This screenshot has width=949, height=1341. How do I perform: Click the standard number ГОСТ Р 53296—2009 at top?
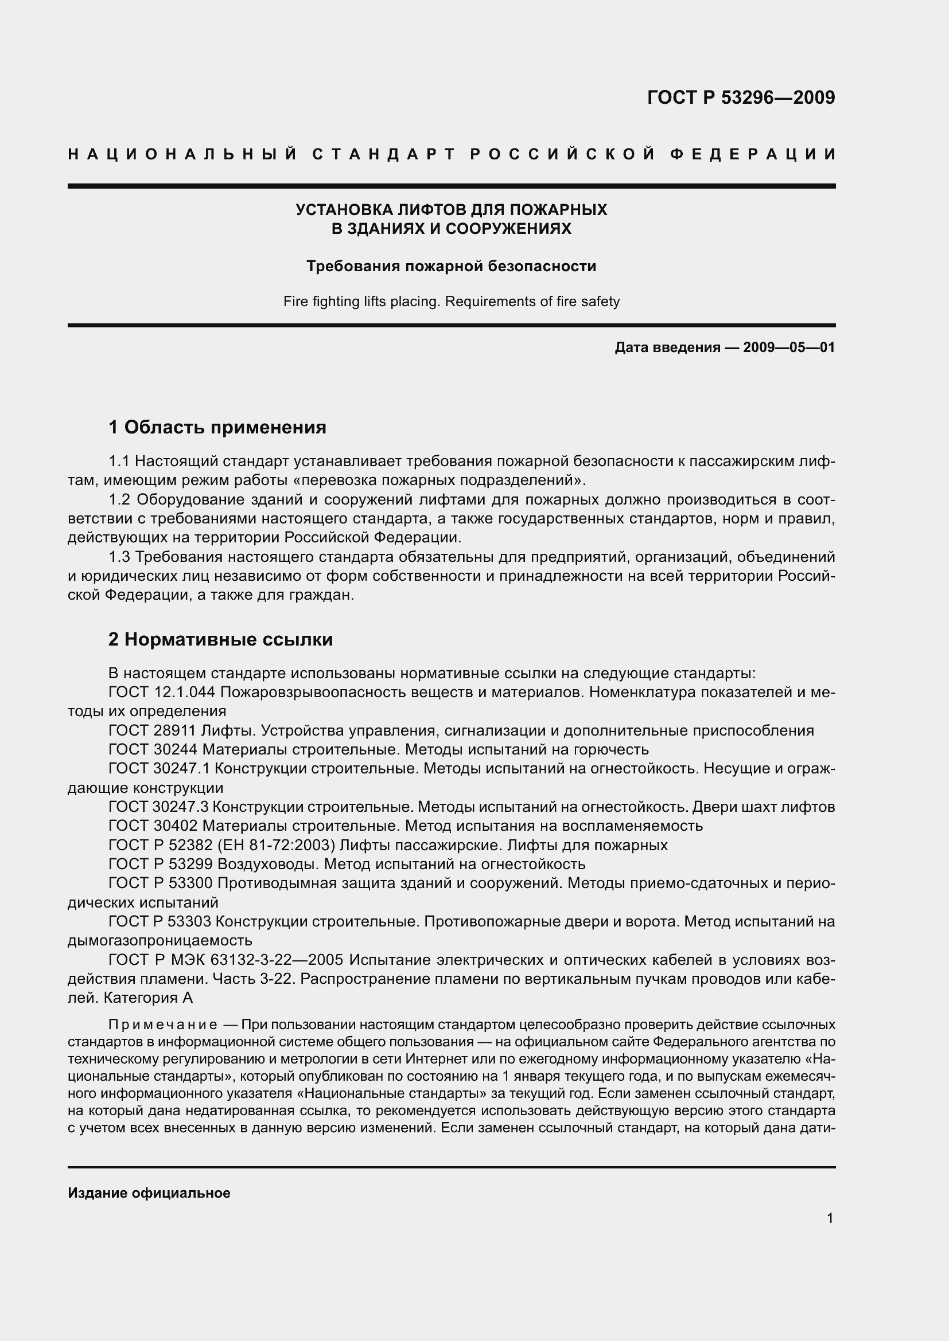[741, 97]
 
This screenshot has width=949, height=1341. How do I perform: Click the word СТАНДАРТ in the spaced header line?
[383, 154]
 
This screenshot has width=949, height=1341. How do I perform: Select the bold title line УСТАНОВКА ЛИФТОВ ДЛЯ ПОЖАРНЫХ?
[451, 209]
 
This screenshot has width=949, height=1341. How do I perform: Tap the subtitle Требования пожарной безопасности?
[451, 267]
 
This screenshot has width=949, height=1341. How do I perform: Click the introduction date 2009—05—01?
[789, 347]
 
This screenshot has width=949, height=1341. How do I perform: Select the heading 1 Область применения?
[217, 428]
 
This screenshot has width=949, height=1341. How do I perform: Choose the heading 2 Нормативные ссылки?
[220, 640]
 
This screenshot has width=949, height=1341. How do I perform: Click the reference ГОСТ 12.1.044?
[162, 693]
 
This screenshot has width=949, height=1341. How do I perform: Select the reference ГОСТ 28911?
[153, 730]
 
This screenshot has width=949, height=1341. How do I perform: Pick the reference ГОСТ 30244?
[153, 749]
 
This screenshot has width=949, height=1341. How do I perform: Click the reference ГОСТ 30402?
[153, 826]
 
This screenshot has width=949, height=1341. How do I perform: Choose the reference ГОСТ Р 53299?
[160, 865]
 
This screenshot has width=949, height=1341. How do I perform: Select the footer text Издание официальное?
[149, 1193]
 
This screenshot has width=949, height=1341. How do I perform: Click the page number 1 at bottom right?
[830, 1218]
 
